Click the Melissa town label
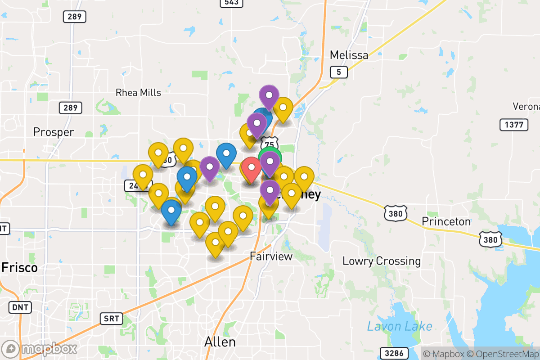[349, 55]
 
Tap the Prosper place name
[54, 132]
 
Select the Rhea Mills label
[138, 93]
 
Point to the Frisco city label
[19, 268]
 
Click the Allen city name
[220, 342]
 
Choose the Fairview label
[271, 256]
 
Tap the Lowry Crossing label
[382, 261]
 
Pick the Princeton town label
[446, 221]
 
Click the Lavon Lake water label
[400, 327]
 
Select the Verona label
[526, 107]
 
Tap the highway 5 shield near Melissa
[338, 72]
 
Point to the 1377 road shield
[513, 125]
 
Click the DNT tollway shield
[20, 308]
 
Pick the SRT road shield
[111, 319]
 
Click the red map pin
[251, 169]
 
